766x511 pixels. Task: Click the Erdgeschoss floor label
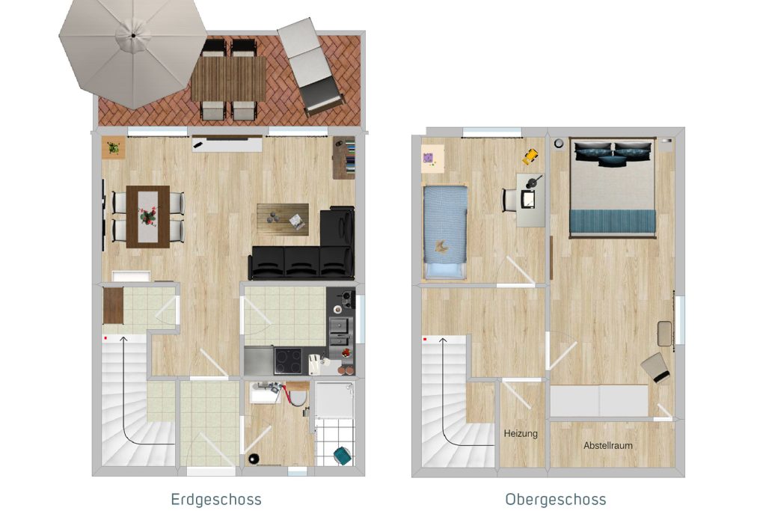(x=216, y=499)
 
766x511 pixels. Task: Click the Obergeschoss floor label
(x=556, y=499)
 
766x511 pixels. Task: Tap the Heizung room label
(x=521, y=433)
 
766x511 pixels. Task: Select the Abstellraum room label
(x=607, y=445)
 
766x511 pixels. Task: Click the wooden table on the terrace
(x=229, y=79)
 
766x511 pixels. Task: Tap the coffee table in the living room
(x=283, y=219)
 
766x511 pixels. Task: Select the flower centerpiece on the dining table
(x=148, y=215)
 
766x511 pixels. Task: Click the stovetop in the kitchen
(x=288, y=361)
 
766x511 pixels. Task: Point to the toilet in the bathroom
(x=295, y=395)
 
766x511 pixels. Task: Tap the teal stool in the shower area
(x=342, y=456)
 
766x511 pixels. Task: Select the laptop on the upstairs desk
(x=528, y=198)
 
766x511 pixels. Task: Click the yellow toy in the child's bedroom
(x=530, y=157)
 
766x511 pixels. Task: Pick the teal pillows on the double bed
(x=613, y=153)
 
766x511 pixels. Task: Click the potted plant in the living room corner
(x=114, y=147)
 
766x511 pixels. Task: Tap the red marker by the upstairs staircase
(x=425, y=339)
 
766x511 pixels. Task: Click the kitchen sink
(x=340, y=325)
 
